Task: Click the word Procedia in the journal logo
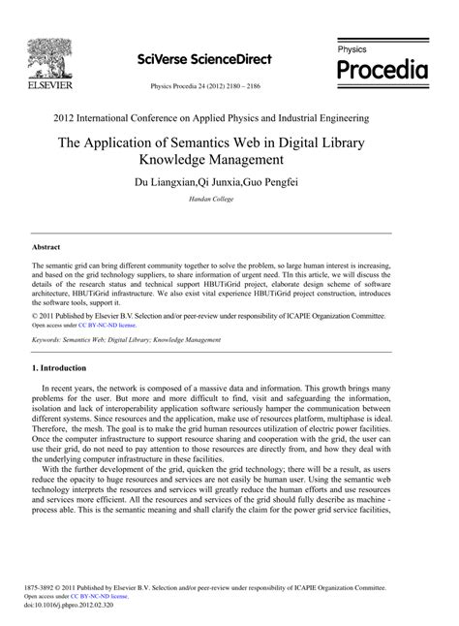coord(382,69)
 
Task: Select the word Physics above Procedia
coord(352,47)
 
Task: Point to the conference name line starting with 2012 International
coord(229,117)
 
